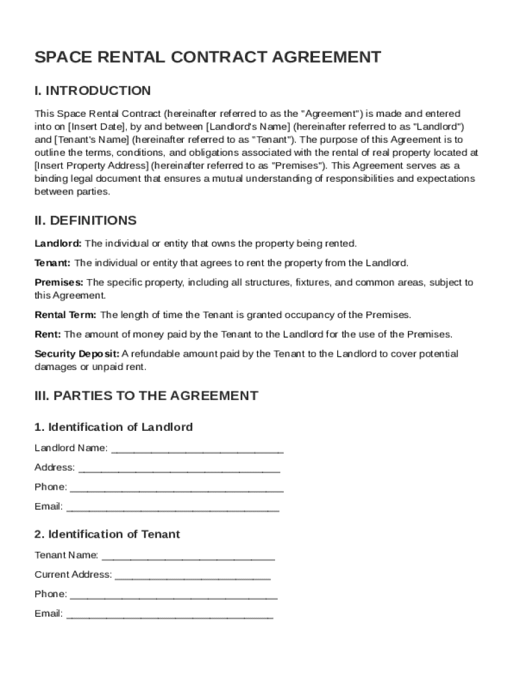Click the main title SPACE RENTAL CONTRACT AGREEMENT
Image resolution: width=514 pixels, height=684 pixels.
coord(208,57)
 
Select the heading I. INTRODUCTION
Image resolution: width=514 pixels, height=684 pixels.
coord(93,91)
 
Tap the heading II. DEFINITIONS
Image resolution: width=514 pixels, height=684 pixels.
coord(85,220)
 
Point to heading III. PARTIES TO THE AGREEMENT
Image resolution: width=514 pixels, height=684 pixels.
coord(146,395)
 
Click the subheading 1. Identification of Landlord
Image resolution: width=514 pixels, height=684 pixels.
coord(113,427)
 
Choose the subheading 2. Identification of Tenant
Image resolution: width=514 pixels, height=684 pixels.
coord(107,534)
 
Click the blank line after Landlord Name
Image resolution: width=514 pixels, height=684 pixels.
coord(197,449)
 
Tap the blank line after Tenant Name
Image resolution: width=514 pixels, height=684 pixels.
coord(188,556)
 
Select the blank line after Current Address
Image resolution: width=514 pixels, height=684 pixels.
coord(192,575)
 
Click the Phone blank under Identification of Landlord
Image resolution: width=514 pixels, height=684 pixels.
coord(176,488)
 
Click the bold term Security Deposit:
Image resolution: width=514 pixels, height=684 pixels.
coord(77,354)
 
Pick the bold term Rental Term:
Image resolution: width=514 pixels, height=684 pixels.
coord(65,315)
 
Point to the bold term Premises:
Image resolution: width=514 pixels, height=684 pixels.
coord(59,283)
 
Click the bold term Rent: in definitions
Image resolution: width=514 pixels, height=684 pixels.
coord(47,334)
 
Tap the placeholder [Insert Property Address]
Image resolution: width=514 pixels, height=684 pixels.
coord(91,166)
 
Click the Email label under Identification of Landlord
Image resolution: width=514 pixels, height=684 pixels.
coord(48,507)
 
